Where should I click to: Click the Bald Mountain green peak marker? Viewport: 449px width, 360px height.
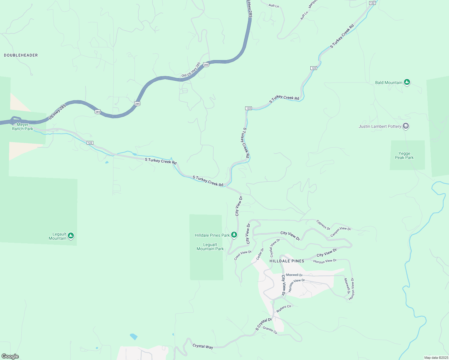407,82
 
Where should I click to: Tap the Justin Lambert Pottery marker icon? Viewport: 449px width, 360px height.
406,126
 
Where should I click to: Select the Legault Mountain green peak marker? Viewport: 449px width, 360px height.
71,236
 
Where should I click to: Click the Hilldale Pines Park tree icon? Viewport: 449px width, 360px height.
234,235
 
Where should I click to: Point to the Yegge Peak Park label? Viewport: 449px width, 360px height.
404,155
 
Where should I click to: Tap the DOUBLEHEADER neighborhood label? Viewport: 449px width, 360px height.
21,55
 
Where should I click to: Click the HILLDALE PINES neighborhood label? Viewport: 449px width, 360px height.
287,261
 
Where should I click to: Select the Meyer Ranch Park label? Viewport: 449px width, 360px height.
23,127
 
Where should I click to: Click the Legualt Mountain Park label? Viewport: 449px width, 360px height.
210,247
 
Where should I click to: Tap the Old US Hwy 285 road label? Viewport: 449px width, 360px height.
191,70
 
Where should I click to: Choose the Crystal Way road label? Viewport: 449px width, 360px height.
203,346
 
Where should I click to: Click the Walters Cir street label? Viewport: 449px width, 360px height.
284,308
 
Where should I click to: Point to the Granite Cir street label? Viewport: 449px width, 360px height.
270,330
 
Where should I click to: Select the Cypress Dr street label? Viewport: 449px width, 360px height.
323,225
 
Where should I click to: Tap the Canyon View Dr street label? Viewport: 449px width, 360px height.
340,232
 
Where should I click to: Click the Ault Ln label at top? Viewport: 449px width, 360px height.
274,5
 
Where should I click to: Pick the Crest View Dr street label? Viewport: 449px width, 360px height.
243,255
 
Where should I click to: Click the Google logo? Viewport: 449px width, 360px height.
10,356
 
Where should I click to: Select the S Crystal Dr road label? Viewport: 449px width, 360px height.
264,324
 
